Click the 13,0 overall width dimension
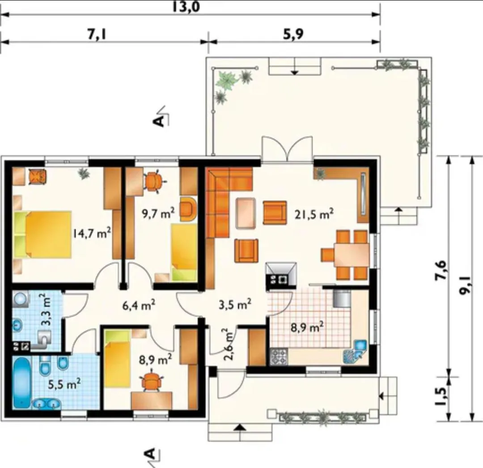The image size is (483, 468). (x=186, y=7)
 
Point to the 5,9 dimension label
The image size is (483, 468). (x=293, y=34)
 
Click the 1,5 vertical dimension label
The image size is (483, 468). (x=442, y=396)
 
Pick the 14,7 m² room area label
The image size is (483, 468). (x=92, y=233)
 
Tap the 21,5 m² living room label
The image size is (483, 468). (x=314, y=214)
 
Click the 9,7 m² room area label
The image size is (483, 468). (x=158, y=213)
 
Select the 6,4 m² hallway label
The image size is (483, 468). (x=139, y=306)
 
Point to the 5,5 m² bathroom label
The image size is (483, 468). (x=65, y=384)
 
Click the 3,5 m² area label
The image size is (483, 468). (x=235, y=304)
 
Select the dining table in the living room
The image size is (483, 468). (x=352, y=255)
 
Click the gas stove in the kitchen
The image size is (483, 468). (x=279, y=357)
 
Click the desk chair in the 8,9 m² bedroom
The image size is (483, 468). (x=151, y=382)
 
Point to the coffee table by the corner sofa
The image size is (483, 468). (x=246, y=213)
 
